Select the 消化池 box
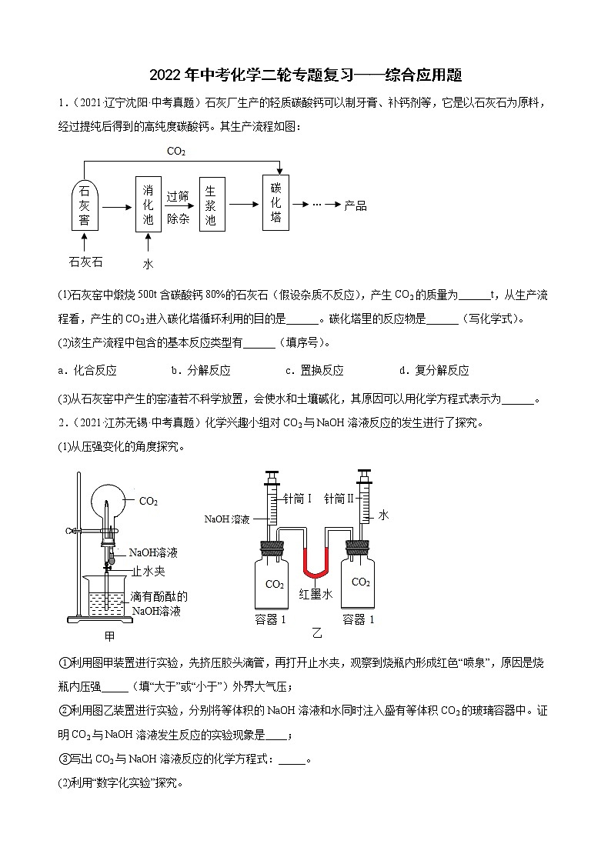click(149, 205)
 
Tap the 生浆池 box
click(211, 204)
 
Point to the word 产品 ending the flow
click(355, 205)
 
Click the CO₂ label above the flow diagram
click(176, 152)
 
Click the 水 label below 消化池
click(148, 264)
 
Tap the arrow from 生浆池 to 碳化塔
click(242, 204)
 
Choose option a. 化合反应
click(87, 370)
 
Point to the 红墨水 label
click(316, 594)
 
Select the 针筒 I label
click(297, 499)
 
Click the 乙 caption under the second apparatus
click(316, 633)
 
